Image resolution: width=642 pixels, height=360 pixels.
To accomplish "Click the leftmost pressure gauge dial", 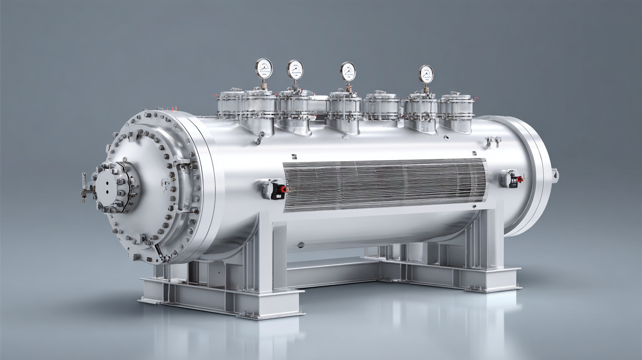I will (264, 68).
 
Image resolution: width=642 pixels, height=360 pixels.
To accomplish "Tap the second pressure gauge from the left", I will (295, 69).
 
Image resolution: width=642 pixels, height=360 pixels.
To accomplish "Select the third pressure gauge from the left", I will (347, 71).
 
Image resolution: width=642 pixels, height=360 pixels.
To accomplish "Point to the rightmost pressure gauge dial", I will (426, 74).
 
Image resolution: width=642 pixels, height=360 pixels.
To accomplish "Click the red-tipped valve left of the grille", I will (275, 189).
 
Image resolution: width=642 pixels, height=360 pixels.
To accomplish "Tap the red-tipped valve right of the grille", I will (512, 178).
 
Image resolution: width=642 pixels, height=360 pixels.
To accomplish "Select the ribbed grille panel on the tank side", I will (384, 184).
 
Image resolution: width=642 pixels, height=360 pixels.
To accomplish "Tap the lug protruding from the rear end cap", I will (554, 175).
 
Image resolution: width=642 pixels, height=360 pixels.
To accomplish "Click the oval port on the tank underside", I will (301, 245).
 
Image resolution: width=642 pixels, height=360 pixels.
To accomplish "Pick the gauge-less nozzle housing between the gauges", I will (381, 106).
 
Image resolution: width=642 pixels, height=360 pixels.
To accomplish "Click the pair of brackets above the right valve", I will (493, 142).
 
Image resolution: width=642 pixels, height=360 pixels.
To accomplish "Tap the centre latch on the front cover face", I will (166, 184).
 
